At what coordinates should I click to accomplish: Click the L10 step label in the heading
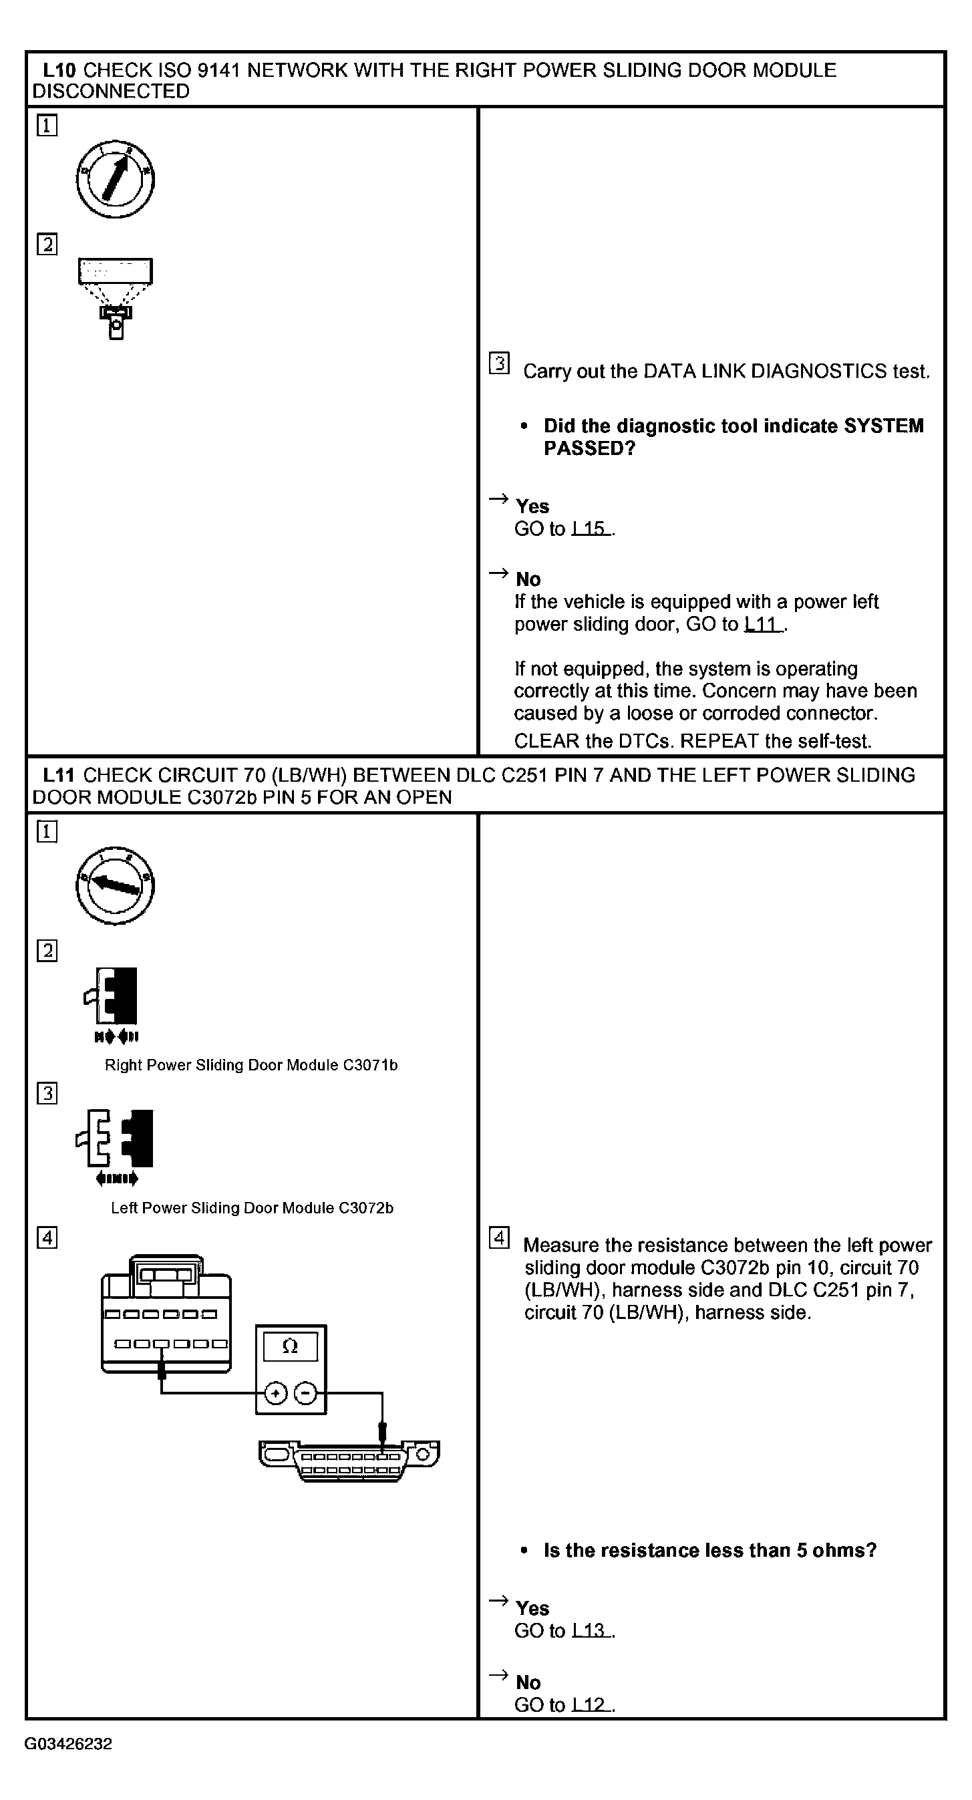(61, 70)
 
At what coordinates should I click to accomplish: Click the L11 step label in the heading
(59, 775)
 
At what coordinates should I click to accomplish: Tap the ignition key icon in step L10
(116, 180)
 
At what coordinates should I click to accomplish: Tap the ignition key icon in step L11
(116, 885)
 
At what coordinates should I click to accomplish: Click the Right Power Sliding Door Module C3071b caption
(251, 1065)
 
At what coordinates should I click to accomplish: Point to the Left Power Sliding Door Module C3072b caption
(252, 1207)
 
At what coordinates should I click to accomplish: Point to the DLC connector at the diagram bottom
(349, 1460)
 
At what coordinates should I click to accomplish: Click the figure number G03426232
(69, 1743)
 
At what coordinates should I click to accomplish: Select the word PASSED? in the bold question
(590, 448)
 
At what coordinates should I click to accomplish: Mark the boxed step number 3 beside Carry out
(499, 363)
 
